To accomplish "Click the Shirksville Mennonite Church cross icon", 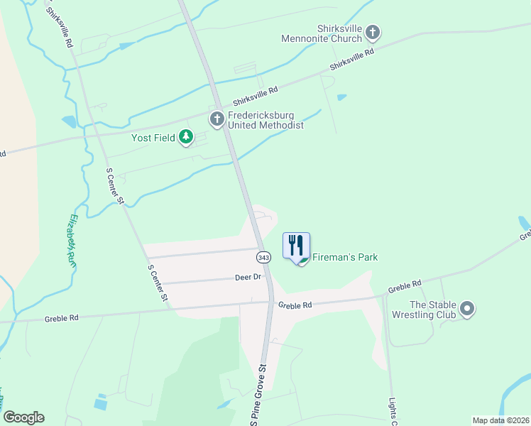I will click(373, 32).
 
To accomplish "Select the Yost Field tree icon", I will click(186, 136).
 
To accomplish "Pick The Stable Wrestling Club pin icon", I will click(466, 309).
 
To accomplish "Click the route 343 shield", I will click(264, 256).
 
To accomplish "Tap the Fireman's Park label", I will click(345, 257).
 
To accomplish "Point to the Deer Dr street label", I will click(248, 277).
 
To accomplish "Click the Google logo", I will click(23, 417).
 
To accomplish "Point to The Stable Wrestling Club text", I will click(431, 310).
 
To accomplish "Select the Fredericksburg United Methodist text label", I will click(265, 120).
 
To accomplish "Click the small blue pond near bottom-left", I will click(101, 403).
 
